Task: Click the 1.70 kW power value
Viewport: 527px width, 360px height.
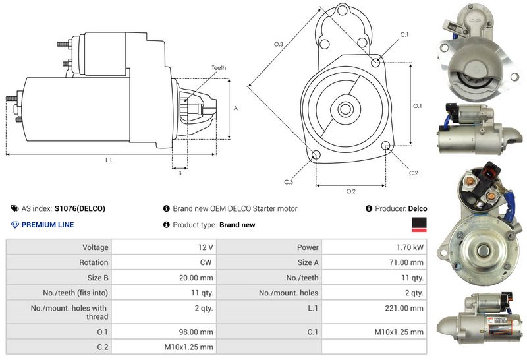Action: (x=410, y=247)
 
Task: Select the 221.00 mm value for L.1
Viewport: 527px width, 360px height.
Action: (x=404, y=308)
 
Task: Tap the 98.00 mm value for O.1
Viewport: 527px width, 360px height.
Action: (x=196, y=332)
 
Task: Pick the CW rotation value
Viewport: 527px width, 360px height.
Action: (x=206, y=262)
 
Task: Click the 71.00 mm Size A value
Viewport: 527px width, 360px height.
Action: (x=406, y=262)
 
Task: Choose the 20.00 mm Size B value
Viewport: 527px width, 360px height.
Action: (x=196, y=278)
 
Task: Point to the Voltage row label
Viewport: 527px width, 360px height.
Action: (x=96, y=247)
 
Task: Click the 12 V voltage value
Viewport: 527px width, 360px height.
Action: (x=206, y=247)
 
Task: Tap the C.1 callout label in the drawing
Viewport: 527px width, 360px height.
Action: (x=404, y=34)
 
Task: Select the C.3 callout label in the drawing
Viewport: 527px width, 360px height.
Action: (x=289, y=182)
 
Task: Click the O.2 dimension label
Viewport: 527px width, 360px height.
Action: (x=351, y=191)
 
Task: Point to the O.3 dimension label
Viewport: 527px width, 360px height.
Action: (x=279, y=44)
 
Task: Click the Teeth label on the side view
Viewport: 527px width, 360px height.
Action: (x=219, y=68)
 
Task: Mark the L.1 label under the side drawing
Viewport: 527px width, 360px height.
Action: (x=109, y=160)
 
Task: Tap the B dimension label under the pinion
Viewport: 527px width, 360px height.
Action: (x=180, y=173)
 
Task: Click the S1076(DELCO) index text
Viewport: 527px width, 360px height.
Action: (x=80, y=208)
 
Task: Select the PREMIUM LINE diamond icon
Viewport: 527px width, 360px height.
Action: (x=15, y=225)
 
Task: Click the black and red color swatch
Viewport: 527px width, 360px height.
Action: (x=419, y=224)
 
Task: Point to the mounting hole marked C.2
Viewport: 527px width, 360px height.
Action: (x=387, y=145)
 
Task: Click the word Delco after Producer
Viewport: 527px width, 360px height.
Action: (x=418, y=208)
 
